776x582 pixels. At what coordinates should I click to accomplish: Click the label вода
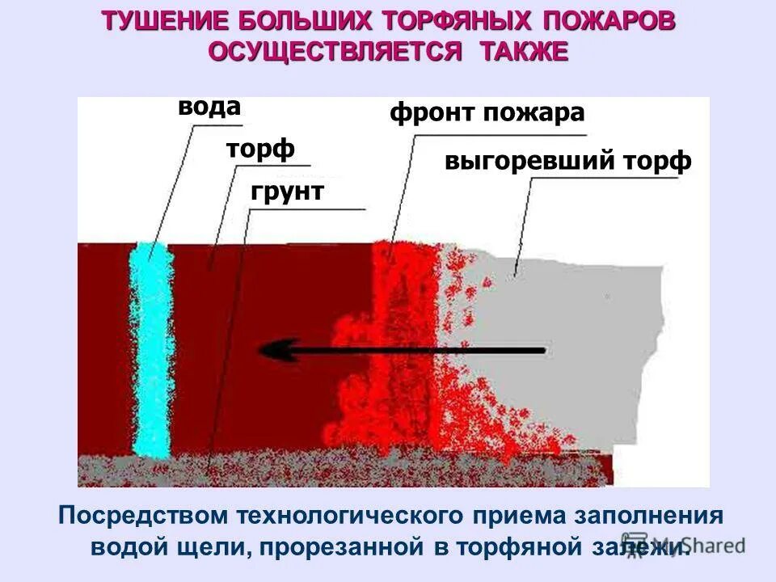(x=209, y=108)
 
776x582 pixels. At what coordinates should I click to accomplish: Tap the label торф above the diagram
(x=260, y=150)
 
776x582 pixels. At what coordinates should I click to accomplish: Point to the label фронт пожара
(x=487, y=112)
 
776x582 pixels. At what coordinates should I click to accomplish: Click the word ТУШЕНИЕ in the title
(x=157, y=21)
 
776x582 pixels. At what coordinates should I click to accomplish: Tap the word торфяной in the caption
(x=518, y=546)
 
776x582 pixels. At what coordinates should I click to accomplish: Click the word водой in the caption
(x=129, y=546)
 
